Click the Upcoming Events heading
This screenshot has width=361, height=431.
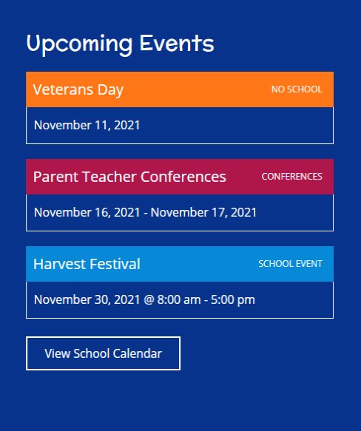120,44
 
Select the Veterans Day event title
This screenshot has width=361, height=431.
78,90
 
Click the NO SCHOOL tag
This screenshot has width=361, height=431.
297,89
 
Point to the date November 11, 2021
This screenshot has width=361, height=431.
87,125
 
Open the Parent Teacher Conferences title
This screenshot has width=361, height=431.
129,177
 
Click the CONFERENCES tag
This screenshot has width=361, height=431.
291,177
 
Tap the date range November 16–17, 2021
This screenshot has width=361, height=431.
145,212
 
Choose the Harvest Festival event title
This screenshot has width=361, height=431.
87,264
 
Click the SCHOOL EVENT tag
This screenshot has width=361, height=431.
290,264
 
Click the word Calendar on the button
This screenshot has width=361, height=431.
137,353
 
